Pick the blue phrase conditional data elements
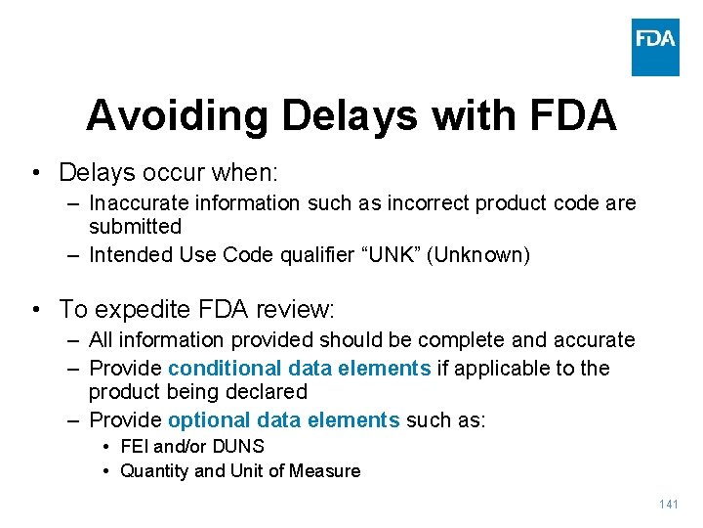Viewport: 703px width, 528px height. click(300, 369)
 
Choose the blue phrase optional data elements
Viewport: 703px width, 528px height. click(284, 420)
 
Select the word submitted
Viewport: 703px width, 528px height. click(135, 227)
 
